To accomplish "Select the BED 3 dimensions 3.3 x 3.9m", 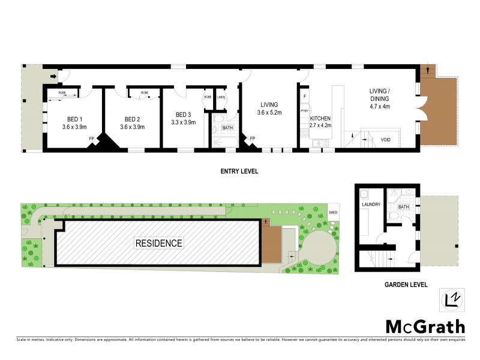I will click(183, 122).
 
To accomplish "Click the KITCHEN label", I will click(320, 119).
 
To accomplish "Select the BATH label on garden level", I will click(403, 207).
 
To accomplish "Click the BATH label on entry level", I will click(227, 128).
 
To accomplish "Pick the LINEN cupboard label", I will click(221, 97).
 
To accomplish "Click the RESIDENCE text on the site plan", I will click(158, 243).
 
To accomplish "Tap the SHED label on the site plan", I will click(333, 211).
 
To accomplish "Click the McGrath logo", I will click(424, 326).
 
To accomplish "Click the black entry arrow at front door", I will click(53, 77).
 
